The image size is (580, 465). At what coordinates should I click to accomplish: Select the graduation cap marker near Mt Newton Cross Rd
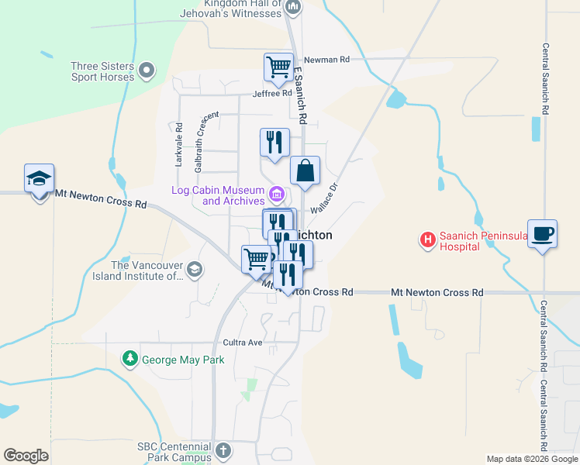click(39, 180)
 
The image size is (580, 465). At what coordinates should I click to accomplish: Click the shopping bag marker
click(305, 171)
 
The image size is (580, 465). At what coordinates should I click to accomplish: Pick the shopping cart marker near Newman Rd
click(278, 67)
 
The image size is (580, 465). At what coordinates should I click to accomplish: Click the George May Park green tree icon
click(130, 360)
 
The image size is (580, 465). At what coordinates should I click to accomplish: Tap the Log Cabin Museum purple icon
click(277, 194)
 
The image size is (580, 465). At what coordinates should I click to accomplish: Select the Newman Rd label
click(327, 59)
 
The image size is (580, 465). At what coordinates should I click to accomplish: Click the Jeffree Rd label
click(271, 94)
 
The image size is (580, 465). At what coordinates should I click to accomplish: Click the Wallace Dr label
click(326, 200)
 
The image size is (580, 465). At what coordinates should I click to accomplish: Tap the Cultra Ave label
click(243, 342)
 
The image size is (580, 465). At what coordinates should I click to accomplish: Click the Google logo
click(26, 456)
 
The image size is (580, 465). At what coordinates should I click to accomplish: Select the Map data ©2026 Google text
click(532, 459)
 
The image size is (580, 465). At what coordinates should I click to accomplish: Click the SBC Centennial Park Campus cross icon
click(223, 450)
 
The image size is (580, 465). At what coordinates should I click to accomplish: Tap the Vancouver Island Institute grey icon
click(195, 270)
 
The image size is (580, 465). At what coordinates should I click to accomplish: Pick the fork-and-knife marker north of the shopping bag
click(274, 143)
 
